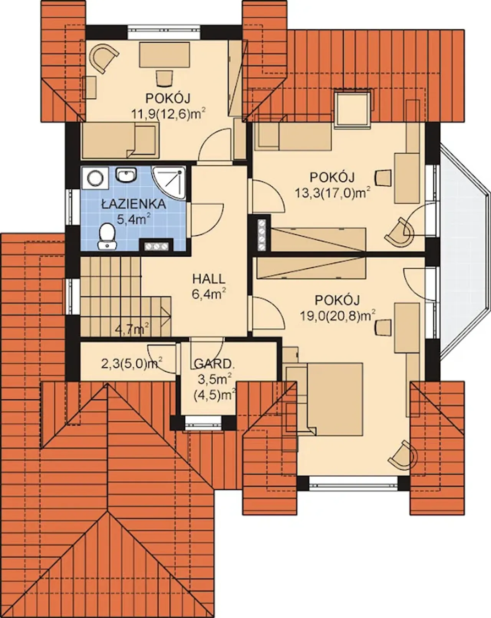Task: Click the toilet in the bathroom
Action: [107, 236]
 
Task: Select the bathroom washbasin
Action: [126, 175]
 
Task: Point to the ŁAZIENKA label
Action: [134, 204]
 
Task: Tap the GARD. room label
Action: [214, 365]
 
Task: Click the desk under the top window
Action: [164, 55]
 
